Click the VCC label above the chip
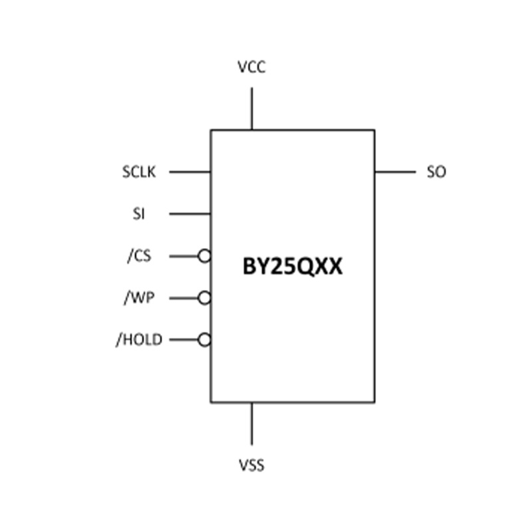click(251, 67)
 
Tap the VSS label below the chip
click(251, 465)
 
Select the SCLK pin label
click(139, 172)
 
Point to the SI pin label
click(138, 213)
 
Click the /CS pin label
click(139, 255)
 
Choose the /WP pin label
click(139, 297)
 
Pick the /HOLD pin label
click(139, 339)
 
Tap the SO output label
click(436, 172)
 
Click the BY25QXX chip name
click(293, 267)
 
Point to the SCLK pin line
click(190, 172)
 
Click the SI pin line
click(190, 213)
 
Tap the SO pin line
click(395, 172)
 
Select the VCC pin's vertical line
click(252, 108)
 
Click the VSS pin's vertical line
click(252, 424)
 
